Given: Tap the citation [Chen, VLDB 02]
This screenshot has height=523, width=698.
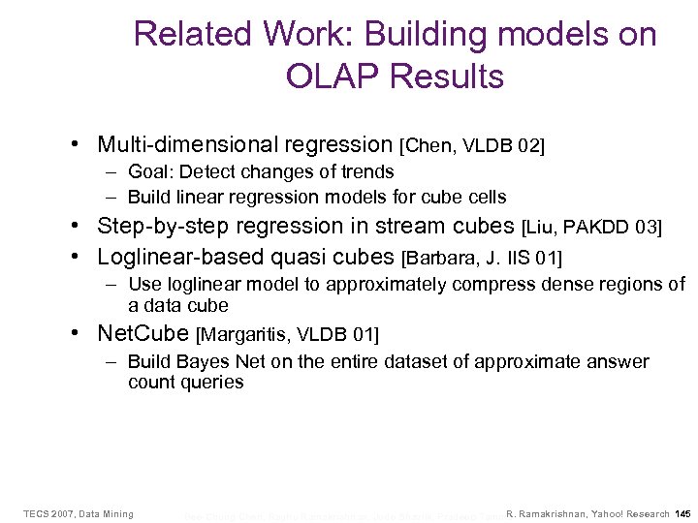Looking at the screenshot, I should [x=472, y=146].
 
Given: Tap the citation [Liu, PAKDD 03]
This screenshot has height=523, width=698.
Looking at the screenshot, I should [x=591, y=228].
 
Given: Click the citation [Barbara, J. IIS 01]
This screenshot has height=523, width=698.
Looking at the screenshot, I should [x=481, y=258].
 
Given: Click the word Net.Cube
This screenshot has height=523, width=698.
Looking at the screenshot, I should [x=143, y=334].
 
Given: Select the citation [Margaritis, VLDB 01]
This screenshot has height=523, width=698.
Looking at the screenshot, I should [x=288, y=335].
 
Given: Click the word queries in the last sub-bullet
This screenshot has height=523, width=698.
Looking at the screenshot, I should [x=210, y=383].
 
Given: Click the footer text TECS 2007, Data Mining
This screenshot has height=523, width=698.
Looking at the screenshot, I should [x=79, y=513].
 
